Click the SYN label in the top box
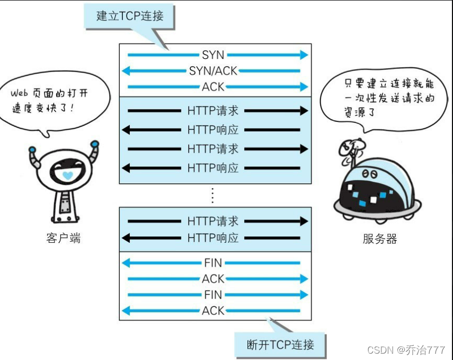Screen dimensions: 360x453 pos(213,55)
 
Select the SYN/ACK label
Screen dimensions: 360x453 pos(213,71)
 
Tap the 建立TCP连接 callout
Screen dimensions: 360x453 pos(130,16)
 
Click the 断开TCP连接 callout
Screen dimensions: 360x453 pos(280,345)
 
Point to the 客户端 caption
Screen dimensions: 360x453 pos(64,238)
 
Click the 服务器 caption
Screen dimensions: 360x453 pos(379,239)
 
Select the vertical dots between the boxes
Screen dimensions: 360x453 pos(212,195)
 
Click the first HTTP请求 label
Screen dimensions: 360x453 pos(213,111)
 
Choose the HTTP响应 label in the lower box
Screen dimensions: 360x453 pos(213,238)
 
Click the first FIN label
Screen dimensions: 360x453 pos(213,262)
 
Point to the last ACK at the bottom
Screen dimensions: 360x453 pos(213,311)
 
